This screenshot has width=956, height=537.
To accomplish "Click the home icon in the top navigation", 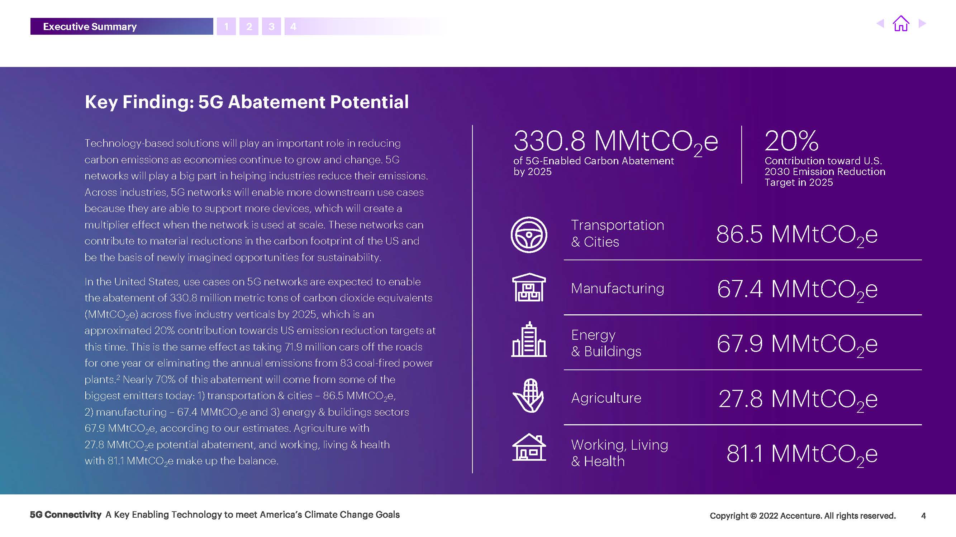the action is point(901,23).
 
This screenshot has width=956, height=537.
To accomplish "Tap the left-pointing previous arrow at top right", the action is point(880,23).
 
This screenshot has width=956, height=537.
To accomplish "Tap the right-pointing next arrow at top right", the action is point(922,23).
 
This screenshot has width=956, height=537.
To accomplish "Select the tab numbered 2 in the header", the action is point(249,26).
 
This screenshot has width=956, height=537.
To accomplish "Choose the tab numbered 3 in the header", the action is point(271,26).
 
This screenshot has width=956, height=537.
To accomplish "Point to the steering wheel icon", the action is point(529,235).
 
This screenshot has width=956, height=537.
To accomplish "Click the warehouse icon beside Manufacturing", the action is point(529,287).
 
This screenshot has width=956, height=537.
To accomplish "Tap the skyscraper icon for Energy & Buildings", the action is point(529,339).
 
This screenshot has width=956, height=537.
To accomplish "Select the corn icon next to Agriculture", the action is point(528,396).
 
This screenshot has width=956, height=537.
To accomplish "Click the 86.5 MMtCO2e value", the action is point(797,235).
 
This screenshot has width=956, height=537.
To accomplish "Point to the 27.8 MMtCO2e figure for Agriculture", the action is point(798,400).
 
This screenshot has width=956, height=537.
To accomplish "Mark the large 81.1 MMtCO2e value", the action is point(802,454).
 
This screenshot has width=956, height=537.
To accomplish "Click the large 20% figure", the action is point(791,141).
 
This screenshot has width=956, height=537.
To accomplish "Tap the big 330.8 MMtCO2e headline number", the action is point(616,143).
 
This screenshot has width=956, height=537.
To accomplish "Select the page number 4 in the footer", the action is point(923,516).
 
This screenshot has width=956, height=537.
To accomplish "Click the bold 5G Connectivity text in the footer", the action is point(65,515).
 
